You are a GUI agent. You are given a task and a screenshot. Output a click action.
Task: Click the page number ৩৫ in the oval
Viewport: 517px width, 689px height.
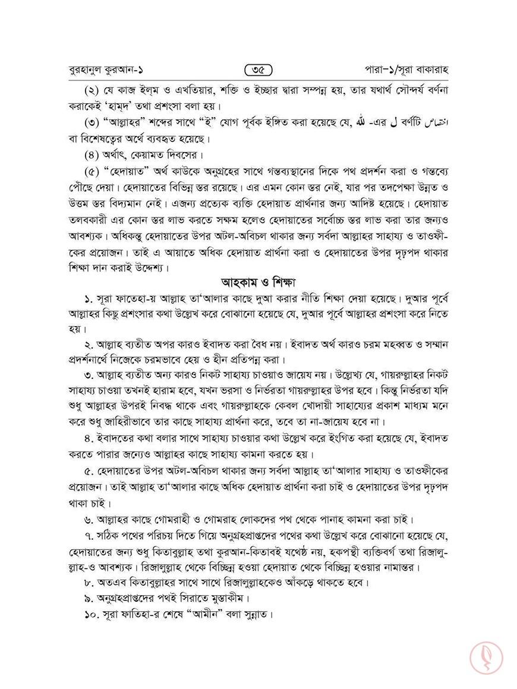point(258,70)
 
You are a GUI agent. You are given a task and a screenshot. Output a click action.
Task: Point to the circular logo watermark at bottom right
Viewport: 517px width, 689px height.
point(487,657)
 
